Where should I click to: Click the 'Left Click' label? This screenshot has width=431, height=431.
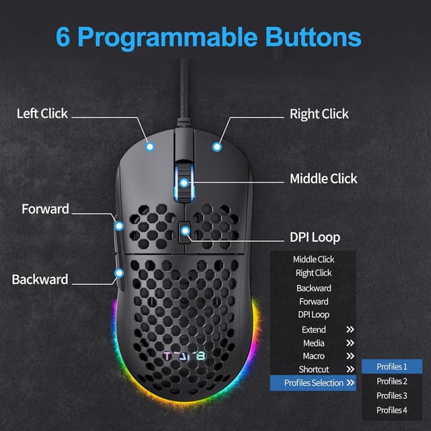pos(42,114)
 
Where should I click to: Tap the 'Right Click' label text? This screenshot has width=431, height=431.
pos(319,114)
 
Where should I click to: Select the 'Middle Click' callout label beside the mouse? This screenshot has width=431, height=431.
pos(323,178)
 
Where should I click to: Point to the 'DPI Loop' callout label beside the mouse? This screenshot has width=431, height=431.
pos(315,237)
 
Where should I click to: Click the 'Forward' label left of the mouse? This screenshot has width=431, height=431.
pos(45,209)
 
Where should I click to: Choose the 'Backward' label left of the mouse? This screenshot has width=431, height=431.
pos(40,279)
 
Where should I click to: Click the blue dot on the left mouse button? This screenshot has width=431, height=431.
pos(150,145)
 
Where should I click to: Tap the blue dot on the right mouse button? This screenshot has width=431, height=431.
pos(217,145)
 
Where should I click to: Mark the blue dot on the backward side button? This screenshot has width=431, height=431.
pos(119,273)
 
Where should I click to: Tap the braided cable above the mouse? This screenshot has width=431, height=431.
pos(183,88)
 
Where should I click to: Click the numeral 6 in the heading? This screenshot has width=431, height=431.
pos(64,36)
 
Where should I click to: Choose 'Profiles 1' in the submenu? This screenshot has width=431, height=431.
pos(391,367)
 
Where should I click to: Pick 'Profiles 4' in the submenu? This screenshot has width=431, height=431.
pos(391,410)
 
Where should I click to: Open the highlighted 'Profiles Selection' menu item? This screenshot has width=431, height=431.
pos(313,383)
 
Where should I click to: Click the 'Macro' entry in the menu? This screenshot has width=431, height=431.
pos(313,356)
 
